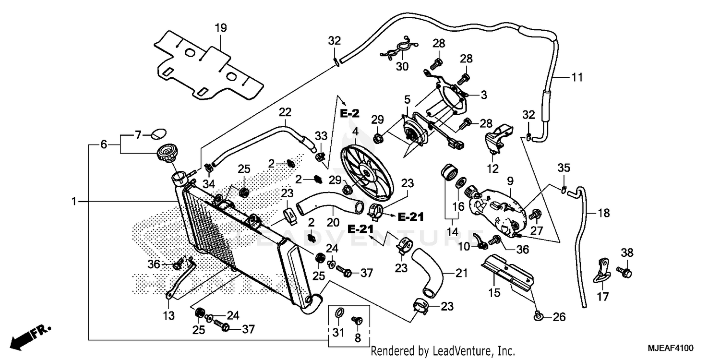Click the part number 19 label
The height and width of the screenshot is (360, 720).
coord(220,28)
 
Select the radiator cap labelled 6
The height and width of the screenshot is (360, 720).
coord(167,154)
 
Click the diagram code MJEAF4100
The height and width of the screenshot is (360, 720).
coord(672,348)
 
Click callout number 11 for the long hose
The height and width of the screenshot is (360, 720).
coord(577,77)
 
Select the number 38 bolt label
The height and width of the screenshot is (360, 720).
coord(627,252)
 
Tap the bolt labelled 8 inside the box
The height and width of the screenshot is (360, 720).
coord(357,320)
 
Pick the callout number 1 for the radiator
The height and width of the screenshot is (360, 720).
coord(74,202)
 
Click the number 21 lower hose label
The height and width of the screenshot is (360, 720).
coord(461,274)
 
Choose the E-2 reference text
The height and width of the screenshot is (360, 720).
coord(350,114)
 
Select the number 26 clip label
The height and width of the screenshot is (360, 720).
coord(559,317)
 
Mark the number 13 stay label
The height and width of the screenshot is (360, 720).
coord(168,316)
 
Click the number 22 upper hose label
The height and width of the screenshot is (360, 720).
coord(285,112)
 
